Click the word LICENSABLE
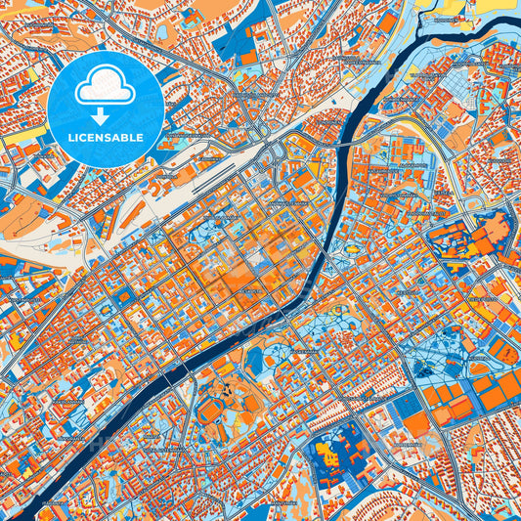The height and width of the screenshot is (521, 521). [106, 137]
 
